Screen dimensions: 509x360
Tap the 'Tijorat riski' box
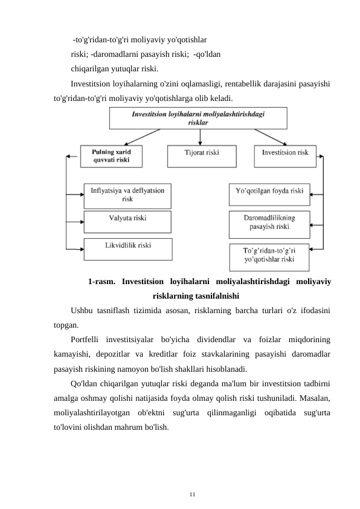202,154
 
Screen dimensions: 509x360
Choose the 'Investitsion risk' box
284,154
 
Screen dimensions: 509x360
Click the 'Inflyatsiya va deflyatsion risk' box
127,195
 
